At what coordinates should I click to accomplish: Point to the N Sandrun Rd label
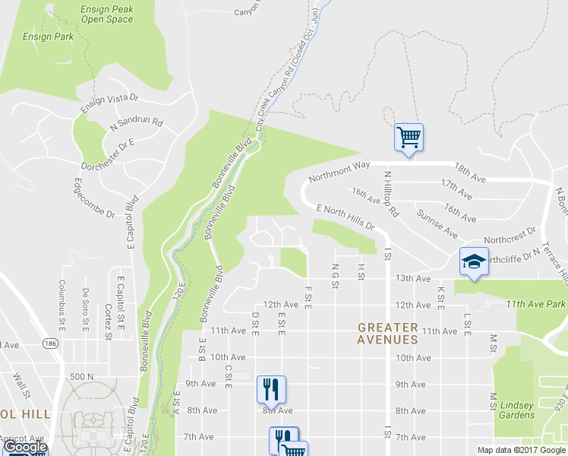(x=137, y=123)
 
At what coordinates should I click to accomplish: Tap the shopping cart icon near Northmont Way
(x=409, y=138)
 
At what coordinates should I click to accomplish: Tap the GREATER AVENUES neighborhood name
(x=388, y=334)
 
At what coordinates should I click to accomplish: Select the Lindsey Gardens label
(x=517, y=410)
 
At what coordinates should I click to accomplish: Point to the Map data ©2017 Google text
(x=521, y=450)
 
